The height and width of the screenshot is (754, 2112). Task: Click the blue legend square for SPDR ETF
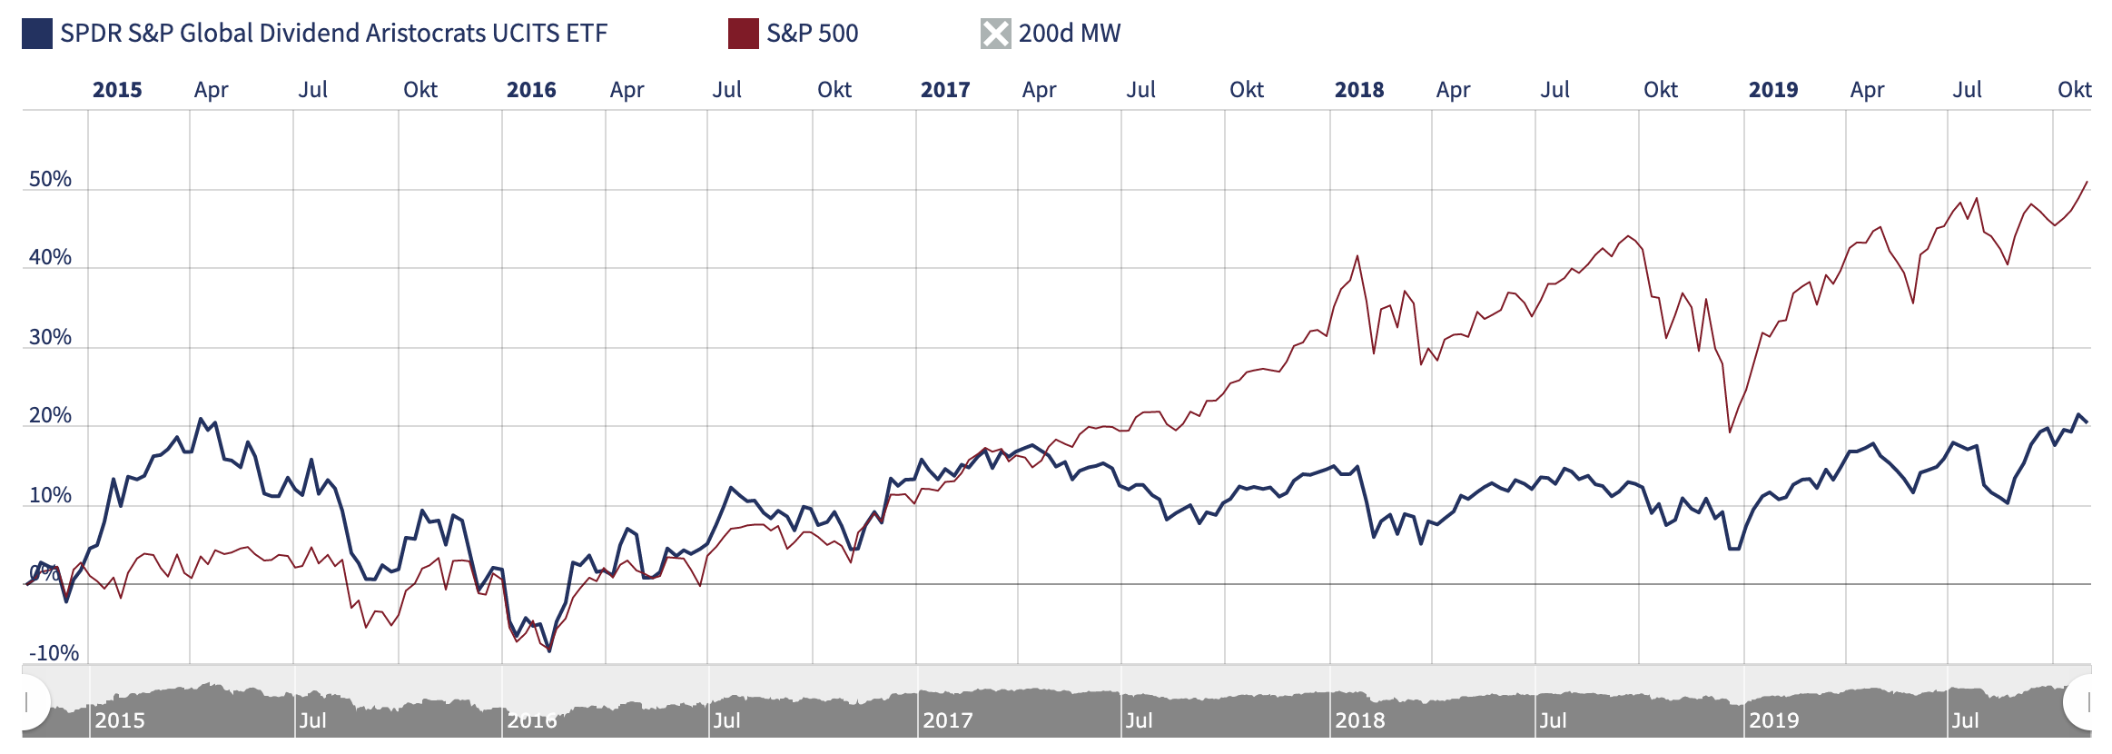[x=37, y=34]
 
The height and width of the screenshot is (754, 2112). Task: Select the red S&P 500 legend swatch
[x=743, y=34]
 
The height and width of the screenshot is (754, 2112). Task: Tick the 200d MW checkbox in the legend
[x=995, y=34]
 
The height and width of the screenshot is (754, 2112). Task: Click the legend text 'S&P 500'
[x=812, y=34]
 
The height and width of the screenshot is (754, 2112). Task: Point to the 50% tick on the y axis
[x=50, y=179]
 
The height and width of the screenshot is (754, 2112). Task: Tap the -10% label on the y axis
[x=54, y=653]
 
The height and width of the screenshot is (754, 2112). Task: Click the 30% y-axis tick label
[x=50, y=337]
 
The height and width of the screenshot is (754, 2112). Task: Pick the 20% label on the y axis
[x=50, y=416]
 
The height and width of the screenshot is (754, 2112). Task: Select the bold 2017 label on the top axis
[x=944, y=90]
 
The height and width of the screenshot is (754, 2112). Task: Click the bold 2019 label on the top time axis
[x=1772, y=90]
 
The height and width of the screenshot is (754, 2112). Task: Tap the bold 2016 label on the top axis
[x=531, y=90]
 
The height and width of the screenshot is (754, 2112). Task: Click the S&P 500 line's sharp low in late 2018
[x=1730, y=432]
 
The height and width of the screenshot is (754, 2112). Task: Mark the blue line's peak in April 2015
[x=201, y=419]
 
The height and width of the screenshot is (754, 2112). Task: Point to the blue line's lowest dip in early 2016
[x=549, y=650]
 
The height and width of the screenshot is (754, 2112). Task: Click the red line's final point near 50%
[x=2087, y=182]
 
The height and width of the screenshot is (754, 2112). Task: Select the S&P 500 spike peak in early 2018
[x=1357, y=256]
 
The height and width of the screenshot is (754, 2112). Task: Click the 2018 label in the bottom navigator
[x=1359, y=720]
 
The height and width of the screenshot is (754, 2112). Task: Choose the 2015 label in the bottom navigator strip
[x=120, y=720]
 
